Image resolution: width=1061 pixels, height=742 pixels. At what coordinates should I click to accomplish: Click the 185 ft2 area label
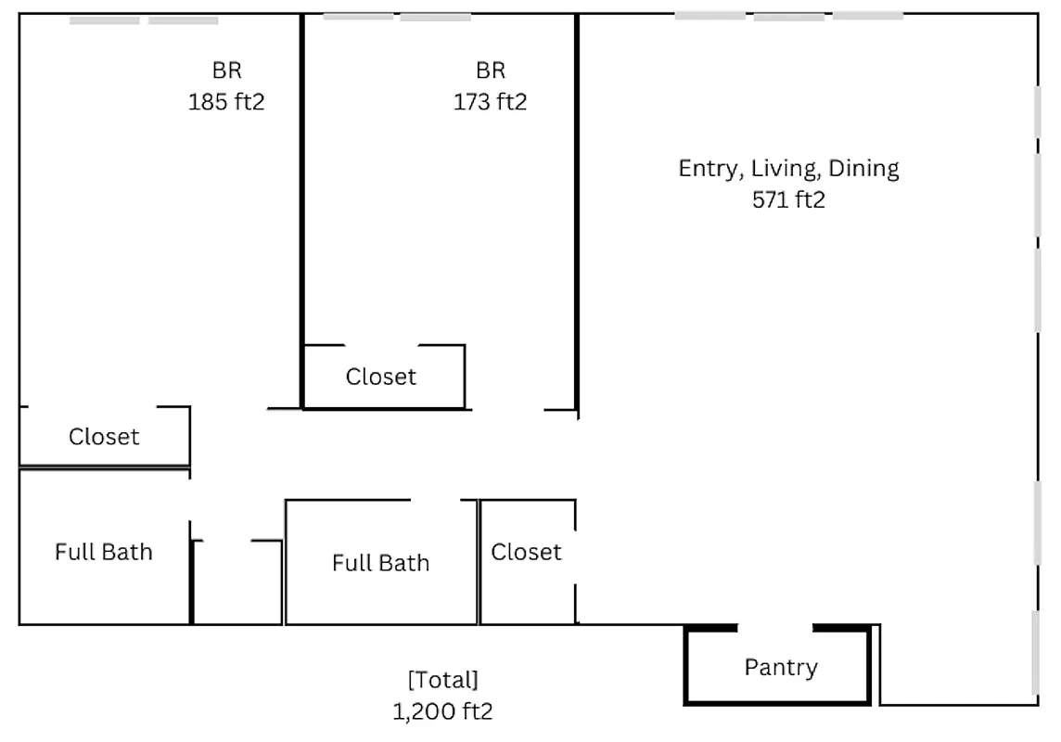point(226,101)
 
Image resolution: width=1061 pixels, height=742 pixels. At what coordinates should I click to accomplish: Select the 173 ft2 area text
point(490,101)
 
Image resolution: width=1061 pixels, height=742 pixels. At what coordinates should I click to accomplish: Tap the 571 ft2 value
point(788,199)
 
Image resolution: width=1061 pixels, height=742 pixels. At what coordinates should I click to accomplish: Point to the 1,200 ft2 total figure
point(441,711)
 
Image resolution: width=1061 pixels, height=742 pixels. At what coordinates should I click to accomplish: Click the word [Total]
point(442,680)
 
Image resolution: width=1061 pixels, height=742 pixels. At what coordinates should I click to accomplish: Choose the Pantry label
point(781,667)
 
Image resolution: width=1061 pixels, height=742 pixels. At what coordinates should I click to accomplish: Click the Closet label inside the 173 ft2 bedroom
point(381,377)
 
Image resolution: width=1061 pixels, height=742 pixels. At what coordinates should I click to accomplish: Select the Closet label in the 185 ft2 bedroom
point(104,436)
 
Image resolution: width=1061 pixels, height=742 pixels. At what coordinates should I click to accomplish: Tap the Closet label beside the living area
point(526,552)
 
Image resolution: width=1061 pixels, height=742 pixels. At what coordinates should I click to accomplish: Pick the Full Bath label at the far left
point(103,552)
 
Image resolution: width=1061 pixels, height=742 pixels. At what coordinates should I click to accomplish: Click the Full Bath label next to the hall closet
point(380,562)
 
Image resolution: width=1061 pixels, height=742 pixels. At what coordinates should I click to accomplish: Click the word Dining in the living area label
point(863,169)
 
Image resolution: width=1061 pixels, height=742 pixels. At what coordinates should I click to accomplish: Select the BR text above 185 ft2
point(227,70)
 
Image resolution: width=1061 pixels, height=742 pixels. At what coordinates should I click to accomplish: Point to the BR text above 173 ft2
point(491,70)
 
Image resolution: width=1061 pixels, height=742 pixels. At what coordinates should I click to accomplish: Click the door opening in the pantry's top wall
point(775,628)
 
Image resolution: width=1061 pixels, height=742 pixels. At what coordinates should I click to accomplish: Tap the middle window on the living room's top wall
point(788,16)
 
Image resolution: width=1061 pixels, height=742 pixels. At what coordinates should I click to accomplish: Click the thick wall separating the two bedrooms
point(302,204)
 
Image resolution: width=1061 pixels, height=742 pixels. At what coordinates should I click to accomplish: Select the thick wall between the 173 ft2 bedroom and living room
point(577,204)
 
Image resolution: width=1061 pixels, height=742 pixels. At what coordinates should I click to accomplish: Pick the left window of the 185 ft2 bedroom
point(104,19)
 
